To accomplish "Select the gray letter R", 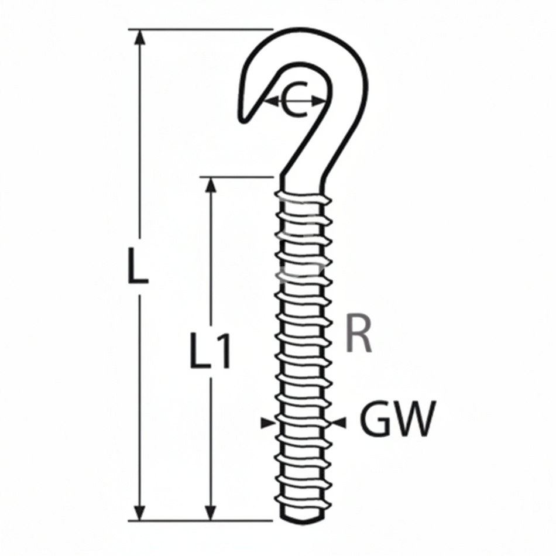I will pyautogui.click(x=359, y=334).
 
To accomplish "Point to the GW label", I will pyautogui.click(x=397, y=420).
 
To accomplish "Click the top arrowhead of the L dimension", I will pyautogui.click(x=139, y=36).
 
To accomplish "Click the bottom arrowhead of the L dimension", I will pyautogui.click(x=139, y=513).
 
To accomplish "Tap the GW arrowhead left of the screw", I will pyautogui.click(x=267, y=422).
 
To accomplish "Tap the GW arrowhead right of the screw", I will pyautogui.click(x=339, y=422).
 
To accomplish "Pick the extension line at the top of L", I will pyautogui.click(x=199, y=29).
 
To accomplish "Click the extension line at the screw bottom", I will pyautogui.click(x=199, y=520).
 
